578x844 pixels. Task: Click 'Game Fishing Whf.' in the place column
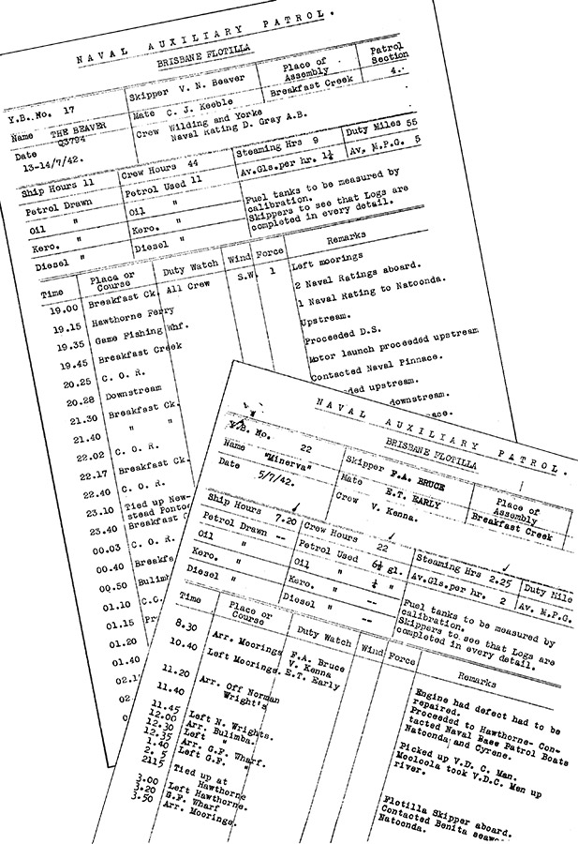[x=129, y=335]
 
